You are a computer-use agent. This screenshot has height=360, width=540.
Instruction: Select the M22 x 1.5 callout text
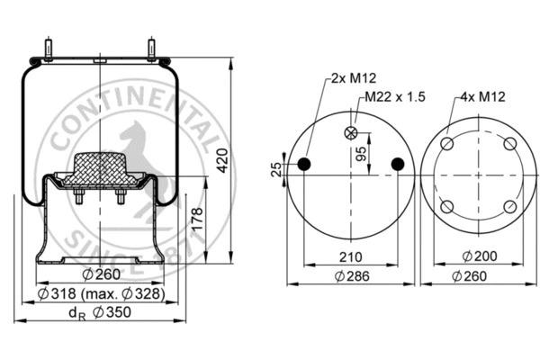pos(392,97)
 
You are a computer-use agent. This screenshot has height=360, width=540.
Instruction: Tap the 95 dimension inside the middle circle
pos(360,152)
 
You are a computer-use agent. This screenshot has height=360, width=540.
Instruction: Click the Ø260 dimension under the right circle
pos(478,275)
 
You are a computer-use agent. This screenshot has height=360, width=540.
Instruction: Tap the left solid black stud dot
pos(304,163)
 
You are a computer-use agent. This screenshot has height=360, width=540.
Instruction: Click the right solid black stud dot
pos(398,163)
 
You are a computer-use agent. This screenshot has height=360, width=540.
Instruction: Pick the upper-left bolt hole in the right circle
pos(448,145)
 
